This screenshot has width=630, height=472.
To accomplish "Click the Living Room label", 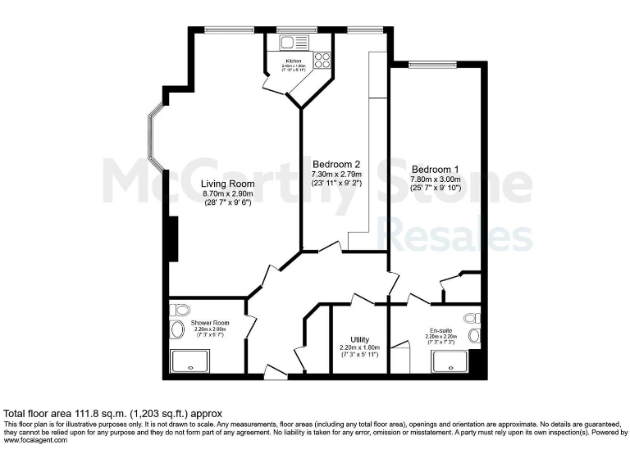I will click(x=227, y=183).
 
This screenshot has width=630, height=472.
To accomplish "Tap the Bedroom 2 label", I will click(x=336, y=164).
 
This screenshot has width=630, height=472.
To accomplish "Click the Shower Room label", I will click(x=210, y=323).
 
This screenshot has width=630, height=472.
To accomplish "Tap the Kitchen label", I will click(x=293, y=61).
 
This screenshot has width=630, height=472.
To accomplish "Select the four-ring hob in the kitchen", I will click(x=321, y=60).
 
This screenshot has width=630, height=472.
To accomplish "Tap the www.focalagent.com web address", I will click(x=35, y=441).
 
